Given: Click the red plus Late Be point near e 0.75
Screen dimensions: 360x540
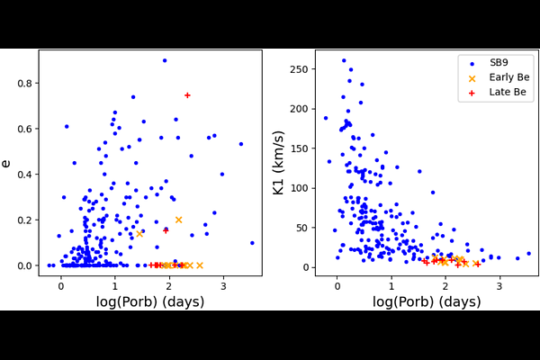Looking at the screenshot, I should pos(187,95).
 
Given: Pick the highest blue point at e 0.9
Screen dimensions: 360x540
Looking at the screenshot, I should pos(165,60).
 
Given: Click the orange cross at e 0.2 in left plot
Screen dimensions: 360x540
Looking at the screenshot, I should pos(178,220).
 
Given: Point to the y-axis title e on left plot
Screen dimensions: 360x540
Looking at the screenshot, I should pos(8,163).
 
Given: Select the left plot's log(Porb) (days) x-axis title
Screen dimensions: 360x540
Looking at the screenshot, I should pos(149,302).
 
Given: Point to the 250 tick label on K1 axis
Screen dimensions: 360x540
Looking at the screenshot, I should pos(301,69).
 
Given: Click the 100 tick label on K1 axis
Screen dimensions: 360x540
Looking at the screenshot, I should pos(301,188).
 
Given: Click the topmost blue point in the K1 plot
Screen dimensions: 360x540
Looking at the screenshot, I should pos(344,61).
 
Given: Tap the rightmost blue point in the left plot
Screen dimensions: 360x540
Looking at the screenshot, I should pos(252,243).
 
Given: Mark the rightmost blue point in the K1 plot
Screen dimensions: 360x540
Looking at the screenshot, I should pos(528,254).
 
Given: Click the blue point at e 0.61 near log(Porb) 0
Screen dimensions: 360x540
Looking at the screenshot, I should pos(67,127).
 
